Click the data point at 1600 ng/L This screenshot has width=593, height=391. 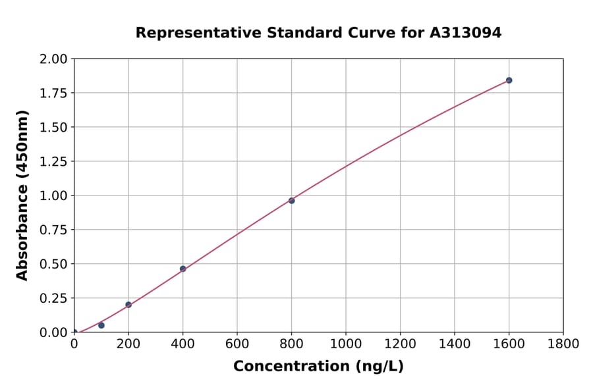(x=509, y=80)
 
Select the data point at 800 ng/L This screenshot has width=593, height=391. (x=291, y=200)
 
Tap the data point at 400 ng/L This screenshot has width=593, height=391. (x=183, y=269)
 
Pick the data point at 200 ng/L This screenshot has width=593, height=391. (x=128, y=305)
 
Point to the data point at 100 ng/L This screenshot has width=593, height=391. (x=101, y=325)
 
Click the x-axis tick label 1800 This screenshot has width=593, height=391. (x=563, y=344)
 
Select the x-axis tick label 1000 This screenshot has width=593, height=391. (x=346, y=344)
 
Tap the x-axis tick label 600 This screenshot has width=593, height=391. (x=237, y=344)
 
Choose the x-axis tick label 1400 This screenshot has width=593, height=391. (x=454, y=344)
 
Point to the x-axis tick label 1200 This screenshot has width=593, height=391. (x=400, y=344)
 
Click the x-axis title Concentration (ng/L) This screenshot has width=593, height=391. (x=318, y=366)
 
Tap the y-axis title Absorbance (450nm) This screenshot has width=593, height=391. (x=22, y=195)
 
